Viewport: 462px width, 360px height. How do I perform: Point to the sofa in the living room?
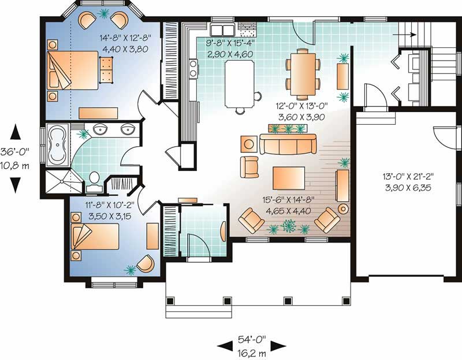(288, 144)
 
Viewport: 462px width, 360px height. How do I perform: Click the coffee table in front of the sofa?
(288, 175)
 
